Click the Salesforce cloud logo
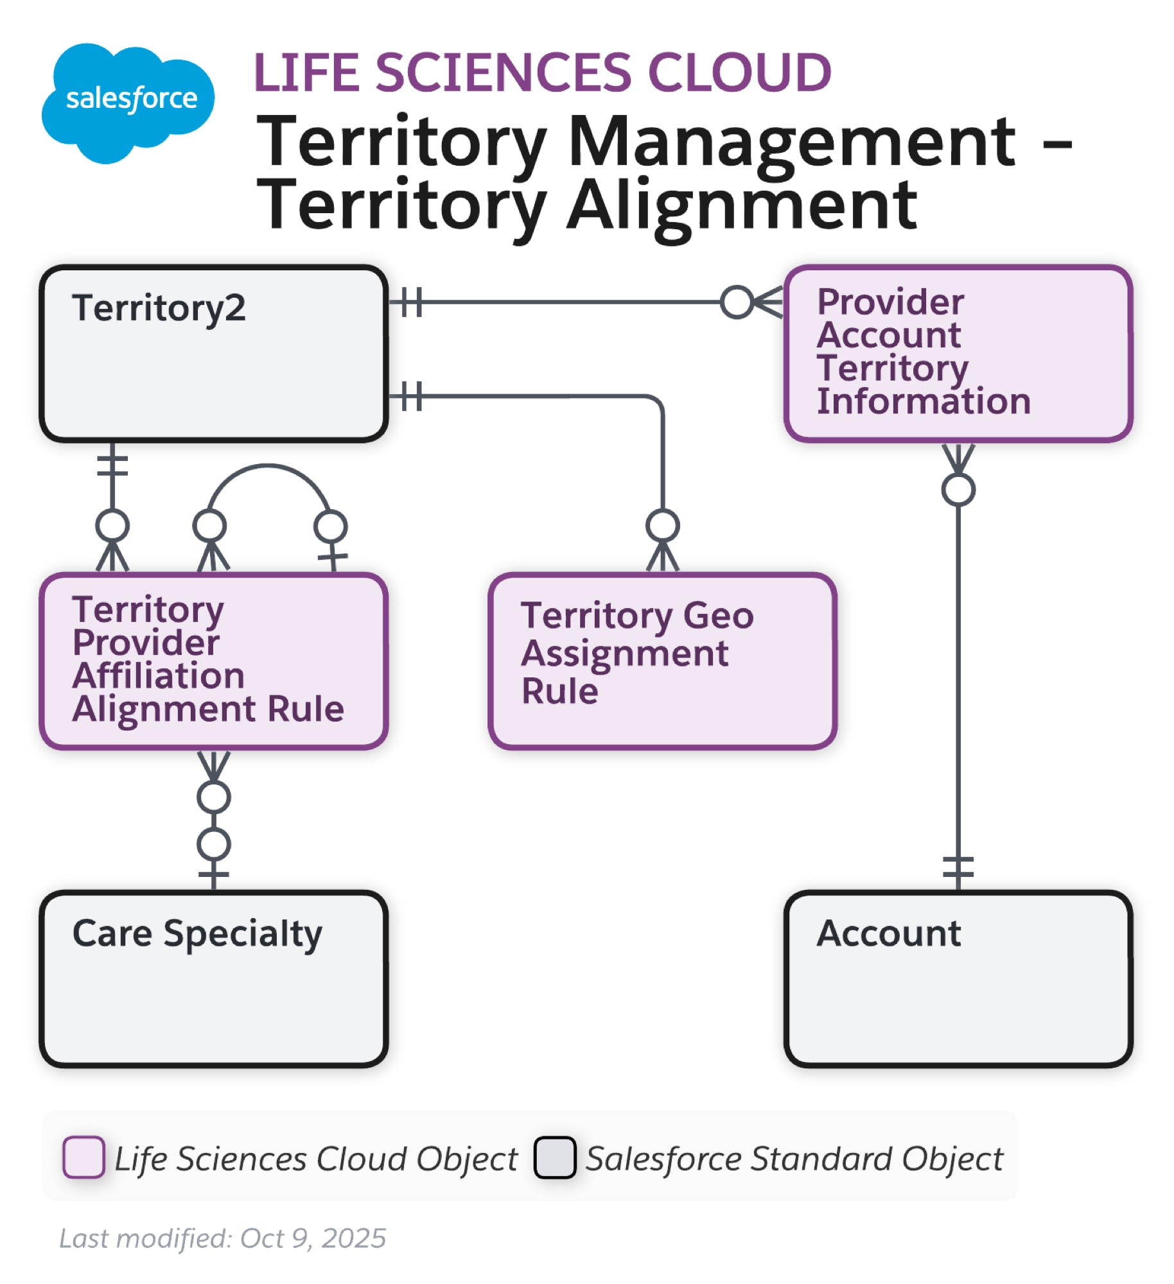point(127,101)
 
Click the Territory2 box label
point(158,308)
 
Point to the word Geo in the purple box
point(717,616)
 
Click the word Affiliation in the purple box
point(158,676)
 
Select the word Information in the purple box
point(923,401)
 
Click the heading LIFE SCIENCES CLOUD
point(542,72)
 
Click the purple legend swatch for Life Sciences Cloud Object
point(83,1157)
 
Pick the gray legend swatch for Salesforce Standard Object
point(554,1157)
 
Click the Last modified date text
point(222,1238)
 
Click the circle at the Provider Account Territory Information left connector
point(736,302)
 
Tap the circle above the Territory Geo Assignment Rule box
point(662,525)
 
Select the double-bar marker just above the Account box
point(958,867)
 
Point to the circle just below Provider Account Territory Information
point(958,490)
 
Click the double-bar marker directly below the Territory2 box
point(112,465)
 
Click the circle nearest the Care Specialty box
point(213,844)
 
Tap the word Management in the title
point(791,141)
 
